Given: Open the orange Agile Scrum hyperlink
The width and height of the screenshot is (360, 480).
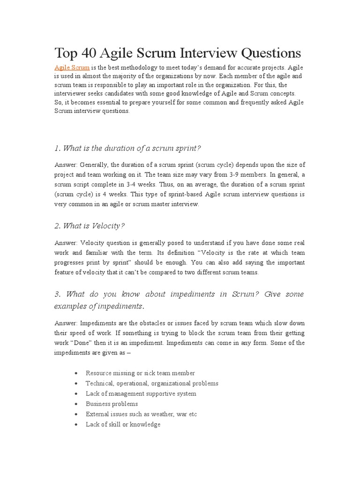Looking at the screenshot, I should pyautogui.click(x=72, y=67).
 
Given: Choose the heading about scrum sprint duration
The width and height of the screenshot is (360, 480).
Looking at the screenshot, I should pyautogui.click(x=127, y=148).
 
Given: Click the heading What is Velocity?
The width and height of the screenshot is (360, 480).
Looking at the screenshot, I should pyautogui.click(x=90, y=226).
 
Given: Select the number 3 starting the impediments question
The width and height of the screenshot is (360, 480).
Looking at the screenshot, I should pyautogui.click(x=57, y=294).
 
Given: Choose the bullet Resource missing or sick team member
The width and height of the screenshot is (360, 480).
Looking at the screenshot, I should pyautogui.click(x=140, y=373).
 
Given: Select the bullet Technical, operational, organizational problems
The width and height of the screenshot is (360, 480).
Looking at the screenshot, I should pyautogui.click(x=152, y=383).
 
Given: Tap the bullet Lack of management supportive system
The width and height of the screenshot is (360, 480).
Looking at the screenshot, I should pyautogui.click(x=141, y=394).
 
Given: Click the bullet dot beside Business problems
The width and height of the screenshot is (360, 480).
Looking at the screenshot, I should pyautogui.click(x=76, y=404).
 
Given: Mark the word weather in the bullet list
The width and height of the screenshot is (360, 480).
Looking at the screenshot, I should pyautogui.click(x=161, y=414).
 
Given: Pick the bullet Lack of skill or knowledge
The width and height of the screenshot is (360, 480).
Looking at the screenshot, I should pyautogui.click(x=123, y=425).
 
